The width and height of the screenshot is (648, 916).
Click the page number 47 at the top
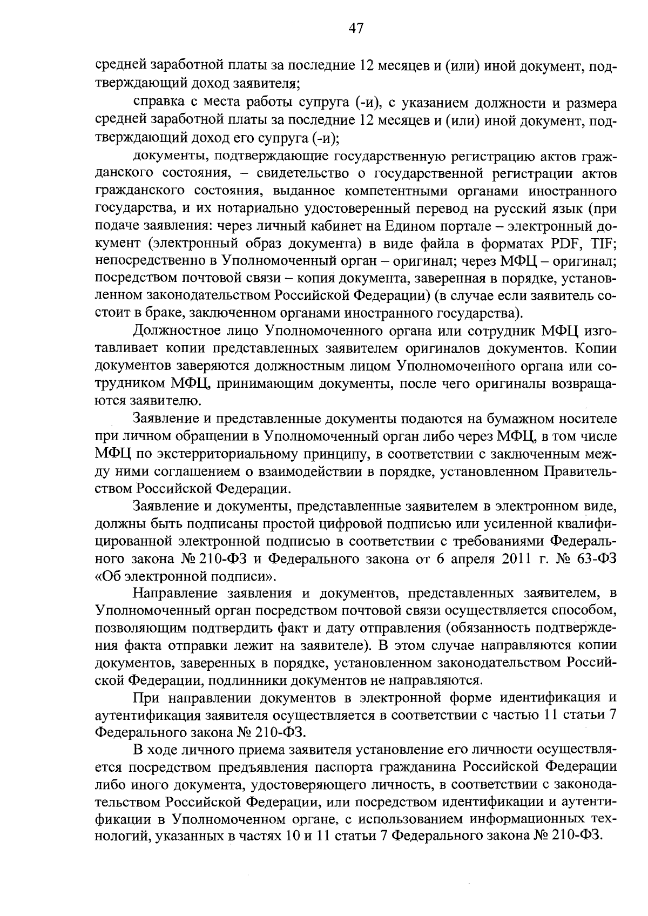click(x=356, y=29)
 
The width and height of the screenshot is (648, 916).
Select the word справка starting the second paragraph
click(x=157, y=103)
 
